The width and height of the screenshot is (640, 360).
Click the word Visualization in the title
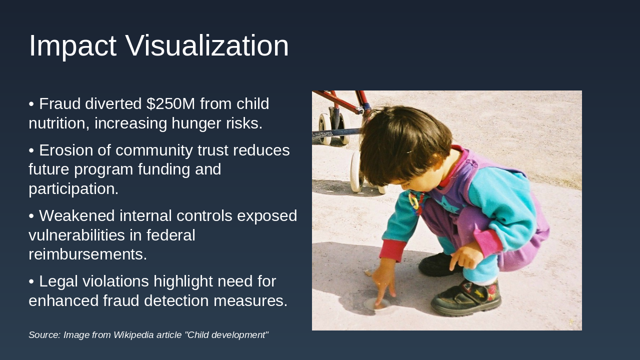tap(207, 46)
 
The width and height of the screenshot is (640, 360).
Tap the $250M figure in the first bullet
tap(170, 104)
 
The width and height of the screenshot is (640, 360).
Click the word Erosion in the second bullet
tap(67, 150)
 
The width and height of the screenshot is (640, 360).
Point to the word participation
tap(73, 189)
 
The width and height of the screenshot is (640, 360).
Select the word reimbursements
tap(87, 254)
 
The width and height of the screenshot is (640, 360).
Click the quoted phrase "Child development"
tap(226, 335)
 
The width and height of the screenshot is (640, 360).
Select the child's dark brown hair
tap(402, 145)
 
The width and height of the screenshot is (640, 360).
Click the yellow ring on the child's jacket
tap(413, 201)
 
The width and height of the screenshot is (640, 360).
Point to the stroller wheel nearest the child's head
tap(356, 172)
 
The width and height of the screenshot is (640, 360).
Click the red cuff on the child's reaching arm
tap(392, 250)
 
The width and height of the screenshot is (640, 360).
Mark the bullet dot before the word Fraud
tap(31, 104)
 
